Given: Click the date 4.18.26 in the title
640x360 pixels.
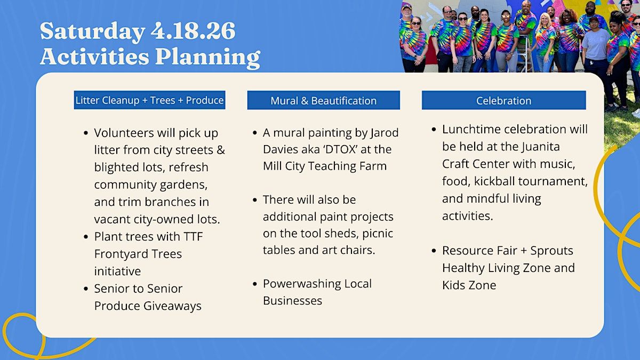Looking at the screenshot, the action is pos(193,31).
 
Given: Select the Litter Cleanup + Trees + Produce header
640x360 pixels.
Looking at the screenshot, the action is pos(149,100).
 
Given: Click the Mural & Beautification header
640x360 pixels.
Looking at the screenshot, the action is pos(323,100).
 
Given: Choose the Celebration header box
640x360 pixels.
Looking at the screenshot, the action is pos(503,100).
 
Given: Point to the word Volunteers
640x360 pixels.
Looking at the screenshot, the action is pos(124,133).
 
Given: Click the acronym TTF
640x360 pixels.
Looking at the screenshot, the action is pos(193,237).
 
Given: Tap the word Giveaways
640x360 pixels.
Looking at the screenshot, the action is pos(172,306).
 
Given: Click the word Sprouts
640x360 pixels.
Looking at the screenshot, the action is pos(551,251).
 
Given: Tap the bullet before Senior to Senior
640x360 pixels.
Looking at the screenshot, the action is pos(86,289).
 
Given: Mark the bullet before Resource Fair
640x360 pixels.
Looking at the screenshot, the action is pos(434,251).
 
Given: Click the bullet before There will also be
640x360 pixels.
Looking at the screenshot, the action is pos(255,199).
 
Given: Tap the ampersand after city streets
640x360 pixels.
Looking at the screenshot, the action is pos(221,150).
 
